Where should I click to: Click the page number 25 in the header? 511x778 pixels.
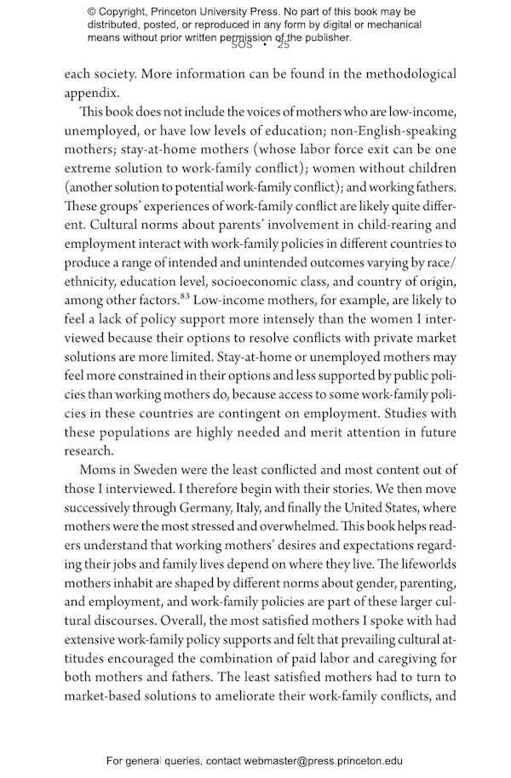(x=284, y=45)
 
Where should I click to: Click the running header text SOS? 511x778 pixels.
(x=242, y=45)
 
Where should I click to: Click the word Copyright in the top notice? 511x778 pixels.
(x=126, y=12)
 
